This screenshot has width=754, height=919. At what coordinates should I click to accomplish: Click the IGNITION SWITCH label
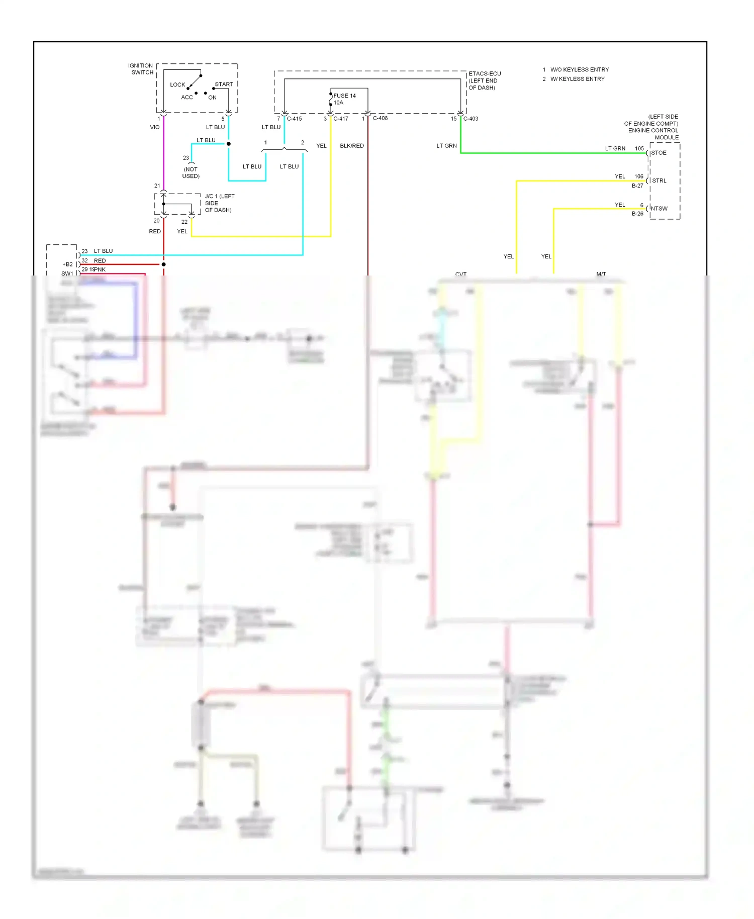pos(141,69)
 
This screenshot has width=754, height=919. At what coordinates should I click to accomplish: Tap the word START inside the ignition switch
pos(224,84)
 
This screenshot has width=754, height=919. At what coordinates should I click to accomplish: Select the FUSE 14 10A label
pos(344,99)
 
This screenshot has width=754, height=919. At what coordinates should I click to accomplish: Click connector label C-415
pos(294,119)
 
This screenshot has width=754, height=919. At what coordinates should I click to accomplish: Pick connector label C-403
pos(470,119)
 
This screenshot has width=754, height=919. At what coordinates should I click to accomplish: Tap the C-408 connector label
pos(380,118)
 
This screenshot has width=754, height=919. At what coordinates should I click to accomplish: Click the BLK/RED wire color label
pos(351,146)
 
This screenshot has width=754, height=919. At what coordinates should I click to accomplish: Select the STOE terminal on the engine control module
pos(658,153)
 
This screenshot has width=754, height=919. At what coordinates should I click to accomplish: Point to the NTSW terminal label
pos(659,209)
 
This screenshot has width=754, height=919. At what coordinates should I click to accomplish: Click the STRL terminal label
pos(659,180)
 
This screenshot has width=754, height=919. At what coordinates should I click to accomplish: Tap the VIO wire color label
pos(155,127)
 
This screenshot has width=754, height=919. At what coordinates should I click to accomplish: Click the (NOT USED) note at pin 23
pos(191,172)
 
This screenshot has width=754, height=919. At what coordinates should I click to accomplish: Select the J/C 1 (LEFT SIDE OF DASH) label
pos(219,203)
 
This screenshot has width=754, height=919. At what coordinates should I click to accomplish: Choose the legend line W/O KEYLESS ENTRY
pos(579,69)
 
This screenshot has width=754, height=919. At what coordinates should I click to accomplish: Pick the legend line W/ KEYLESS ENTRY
pos(577,79)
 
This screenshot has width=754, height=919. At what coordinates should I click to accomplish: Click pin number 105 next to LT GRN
pos(639,148)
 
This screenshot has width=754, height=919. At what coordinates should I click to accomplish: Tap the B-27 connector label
pos(637,186)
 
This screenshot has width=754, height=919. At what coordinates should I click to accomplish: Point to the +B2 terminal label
pos(67,264)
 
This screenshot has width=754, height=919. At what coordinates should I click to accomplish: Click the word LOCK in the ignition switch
pos(177,84)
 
